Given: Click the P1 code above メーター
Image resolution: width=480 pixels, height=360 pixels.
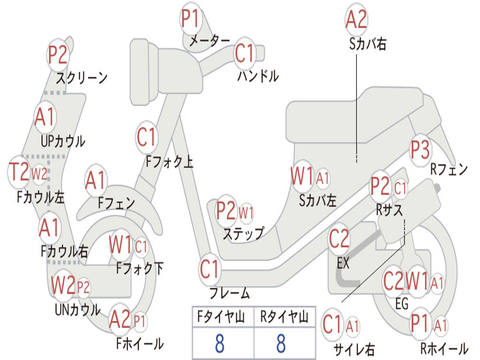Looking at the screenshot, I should [191, 20].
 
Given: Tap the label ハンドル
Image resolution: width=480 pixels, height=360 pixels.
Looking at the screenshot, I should [258, 75].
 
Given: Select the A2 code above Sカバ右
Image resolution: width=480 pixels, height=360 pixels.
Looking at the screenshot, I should [356, 20].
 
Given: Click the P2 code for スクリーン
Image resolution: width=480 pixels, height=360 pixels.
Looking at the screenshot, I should [59, 55].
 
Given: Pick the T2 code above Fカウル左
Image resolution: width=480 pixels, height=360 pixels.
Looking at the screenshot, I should [20, 172].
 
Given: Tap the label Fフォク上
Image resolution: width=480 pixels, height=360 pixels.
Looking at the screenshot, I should [169, 162].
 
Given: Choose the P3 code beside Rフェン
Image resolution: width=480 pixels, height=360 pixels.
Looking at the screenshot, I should [420, 150].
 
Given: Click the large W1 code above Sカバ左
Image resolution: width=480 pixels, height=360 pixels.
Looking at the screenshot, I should [302, 177].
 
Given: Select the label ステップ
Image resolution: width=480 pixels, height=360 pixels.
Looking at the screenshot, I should [243, 233].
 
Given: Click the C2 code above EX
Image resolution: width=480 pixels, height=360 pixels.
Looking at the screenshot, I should [339, 239].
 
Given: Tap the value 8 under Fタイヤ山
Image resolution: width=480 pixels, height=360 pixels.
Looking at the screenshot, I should [219, 344].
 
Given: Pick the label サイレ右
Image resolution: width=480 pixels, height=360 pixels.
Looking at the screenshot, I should [354, 349].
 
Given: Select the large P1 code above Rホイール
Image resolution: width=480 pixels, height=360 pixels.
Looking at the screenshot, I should [420, 324].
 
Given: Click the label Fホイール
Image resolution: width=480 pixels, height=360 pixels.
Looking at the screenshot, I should [140, 344].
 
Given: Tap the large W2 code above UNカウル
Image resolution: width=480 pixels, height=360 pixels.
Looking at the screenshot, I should [63, 285].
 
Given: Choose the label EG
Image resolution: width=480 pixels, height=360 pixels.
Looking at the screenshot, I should [402, 304].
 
